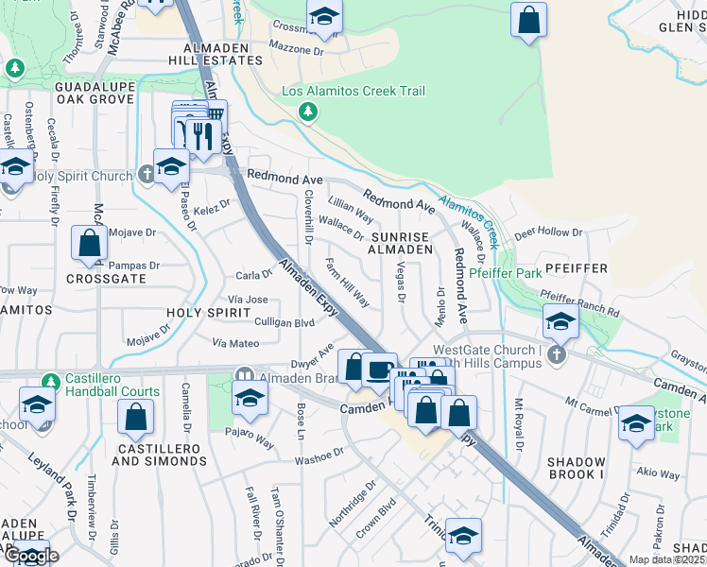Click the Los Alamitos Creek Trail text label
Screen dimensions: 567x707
pos(354,91)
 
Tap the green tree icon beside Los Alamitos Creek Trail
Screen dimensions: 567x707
pos(307,112)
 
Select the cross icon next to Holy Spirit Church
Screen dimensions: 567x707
pos(146,174)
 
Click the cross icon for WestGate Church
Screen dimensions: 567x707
pos(557,355)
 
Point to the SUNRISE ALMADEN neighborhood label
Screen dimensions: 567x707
pos(401,243)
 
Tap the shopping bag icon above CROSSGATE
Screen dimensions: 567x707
pos(88,243)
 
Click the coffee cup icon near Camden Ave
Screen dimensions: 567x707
pos(380,369)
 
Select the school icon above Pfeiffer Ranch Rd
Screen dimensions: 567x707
pos(560,322)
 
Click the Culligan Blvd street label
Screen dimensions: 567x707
pos(285,322)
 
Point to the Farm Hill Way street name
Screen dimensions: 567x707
pos(348,283)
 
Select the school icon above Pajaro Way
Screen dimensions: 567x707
pos(250,398)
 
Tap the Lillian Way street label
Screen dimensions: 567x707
pos(350,210)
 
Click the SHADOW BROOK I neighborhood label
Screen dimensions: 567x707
pos(576,469)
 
